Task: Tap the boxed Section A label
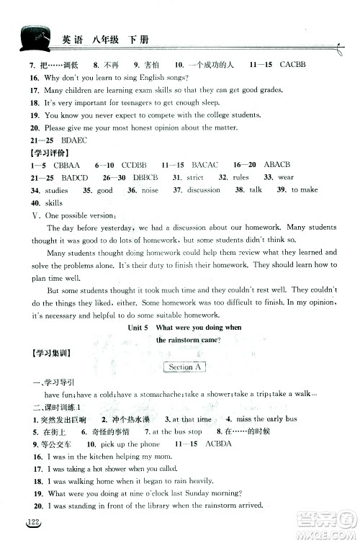184,367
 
